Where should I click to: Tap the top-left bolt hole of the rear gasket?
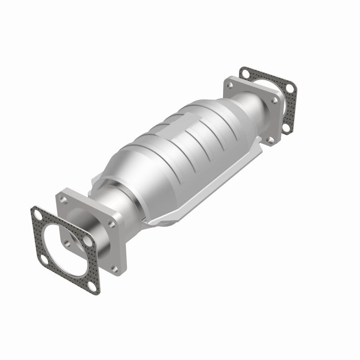tap(246, 72)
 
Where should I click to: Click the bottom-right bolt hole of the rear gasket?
tap(286, 128)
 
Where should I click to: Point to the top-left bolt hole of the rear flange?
tap(230, 84)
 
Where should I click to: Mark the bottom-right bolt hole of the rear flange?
tap(270, 141)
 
